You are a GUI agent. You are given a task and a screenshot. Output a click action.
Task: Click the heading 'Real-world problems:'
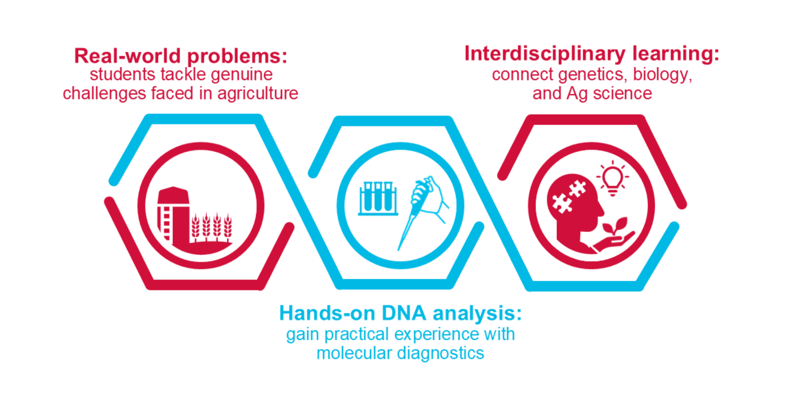(x=181, y=56)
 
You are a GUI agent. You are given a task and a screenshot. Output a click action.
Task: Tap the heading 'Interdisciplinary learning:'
(x=592, y=54)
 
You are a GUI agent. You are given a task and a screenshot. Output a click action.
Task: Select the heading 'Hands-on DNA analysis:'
(x=400, y=313)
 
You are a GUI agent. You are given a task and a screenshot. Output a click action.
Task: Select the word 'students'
(x=122, y=75)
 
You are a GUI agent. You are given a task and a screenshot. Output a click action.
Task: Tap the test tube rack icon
(x=378, y=198)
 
